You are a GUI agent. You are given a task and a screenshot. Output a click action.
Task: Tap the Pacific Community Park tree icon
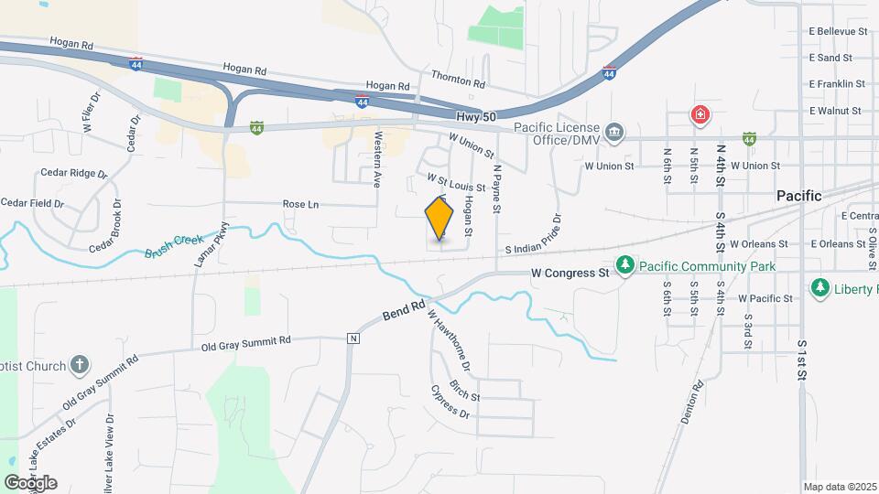click(625, 265)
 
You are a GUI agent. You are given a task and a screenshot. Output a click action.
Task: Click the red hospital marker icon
click(700, 116)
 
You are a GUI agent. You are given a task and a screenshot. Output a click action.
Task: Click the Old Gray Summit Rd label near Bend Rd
click(246, 342)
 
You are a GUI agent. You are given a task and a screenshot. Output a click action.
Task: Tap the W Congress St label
click(570, 273)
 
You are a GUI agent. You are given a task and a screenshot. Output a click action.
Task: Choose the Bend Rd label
click(406, 312)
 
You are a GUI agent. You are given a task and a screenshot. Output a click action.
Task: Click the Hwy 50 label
click(475, 117)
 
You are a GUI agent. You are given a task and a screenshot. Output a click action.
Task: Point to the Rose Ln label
click(300, 204)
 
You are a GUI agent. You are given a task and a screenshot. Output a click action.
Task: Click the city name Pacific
click(798, 196)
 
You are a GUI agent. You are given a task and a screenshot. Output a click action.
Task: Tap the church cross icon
click(80, 366)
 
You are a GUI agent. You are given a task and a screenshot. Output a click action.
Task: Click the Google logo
click(30, 483)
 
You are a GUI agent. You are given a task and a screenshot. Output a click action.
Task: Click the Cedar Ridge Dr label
click(74, 173)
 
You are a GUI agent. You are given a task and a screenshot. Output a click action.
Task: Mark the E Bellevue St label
click(837, 32)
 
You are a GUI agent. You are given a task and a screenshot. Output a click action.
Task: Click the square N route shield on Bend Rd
click(353, 338)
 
